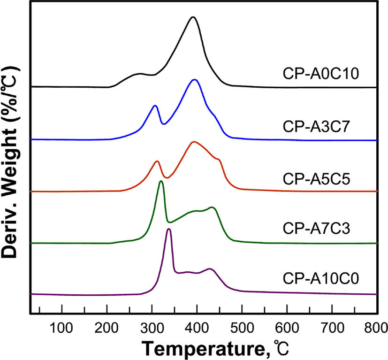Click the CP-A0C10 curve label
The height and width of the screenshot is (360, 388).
click(x=321, y=74)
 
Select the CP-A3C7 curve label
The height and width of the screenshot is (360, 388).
click(x=316, y=127)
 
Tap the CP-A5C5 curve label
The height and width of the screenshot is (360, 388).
click(x=317, y=179)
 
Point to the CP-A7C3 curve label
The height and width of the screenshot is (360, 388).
click(x=317, y=228)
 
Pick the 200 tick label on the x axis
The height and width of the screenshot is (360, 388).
click(x=107, y=328)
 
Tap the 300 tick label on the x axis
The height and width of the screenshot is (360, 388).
click(x=152, y=328)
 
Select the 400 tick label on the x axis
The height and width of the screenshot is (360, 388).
click(x=197, y=328)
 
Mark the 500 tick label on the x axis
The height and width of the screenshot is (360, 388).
click(x=242, y=328)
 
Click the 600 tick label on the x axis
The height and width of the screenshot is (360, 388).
click(x=287, y=328)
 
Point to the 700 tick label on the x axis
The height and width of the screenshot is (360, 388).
click(x=332, y=328)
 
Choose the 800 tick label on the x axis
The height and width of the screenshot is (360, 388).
click(x=376, y=328)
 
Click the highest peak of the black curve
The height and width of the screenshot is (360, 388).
click(x=193, y=17)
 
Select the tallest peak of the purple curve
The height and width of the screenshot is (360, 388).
click(x=169, y=229)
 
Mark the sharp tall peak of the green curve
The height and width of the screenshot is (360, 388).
click(x=161, y=181)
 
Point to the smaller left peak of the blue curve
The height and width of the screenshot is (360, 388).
click(x=155, y=106)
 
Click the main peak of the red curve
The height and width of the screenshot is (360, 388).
click(x=194, y=142)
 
